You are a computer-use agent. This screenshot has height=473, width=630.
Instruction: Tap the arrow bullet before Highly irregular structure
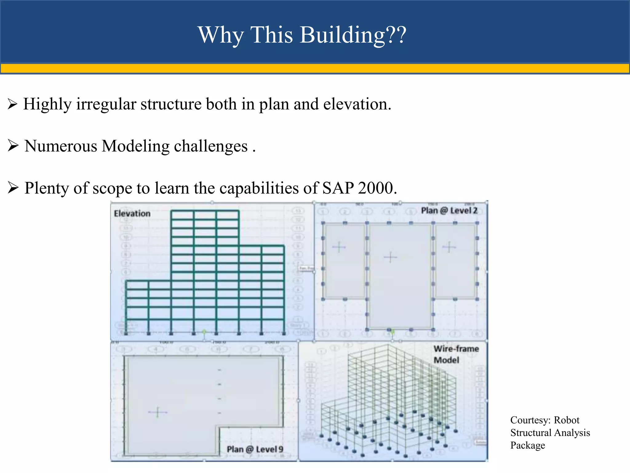click(x=13, y=104)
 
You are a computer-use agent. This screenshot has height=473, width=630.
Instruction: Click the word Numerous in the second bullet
click(x=61, y=146)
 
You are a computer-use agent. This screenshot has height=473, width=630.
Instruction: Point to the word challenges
click(x=211, y=146)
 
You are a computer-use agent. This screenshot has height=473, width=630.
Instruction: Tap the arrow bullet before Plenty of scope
click(x=13, y=188)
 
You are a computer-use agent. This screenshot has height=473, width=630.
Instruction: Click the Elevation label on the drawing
click(x=132, y=213)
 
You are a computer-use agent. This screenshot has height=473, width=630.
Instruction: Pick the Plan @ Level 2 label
click(x=449, y=211)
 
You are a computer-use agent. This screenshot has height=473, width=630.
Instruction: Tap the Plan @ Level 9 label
click(x=255, y=449)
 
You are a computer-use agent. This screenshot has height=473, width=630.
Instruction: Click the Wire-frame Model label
click(x=456, y=354)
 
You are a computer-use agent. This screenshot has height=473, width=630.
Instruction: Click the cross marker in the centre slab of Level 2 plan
click(x=390, y=257)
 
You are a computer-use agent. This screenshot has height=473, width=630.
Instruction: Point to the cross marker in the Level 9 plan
click(x=157, y=412)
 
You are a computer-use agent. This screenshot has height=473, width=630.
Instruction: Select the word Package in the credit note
click(x=528, y=445)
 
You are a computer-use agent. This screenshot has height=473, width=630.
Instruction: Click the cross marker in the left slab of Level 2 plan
click(x=339, y=247)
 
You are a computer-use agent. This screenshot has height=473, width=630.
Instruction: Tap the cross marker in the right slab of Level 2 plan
click(x=449, y=247)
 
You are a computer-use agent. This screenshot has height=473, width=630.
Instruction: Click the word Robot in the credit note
click(x=566, y=420)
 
